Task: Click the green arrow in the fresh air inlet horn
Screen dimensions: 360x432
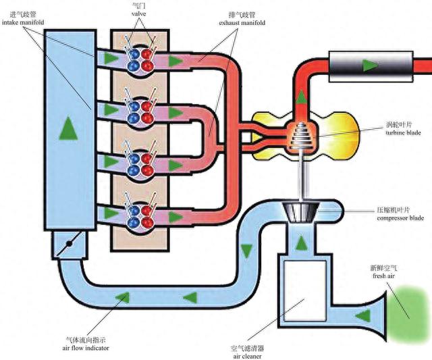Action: tap(362, 315)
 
